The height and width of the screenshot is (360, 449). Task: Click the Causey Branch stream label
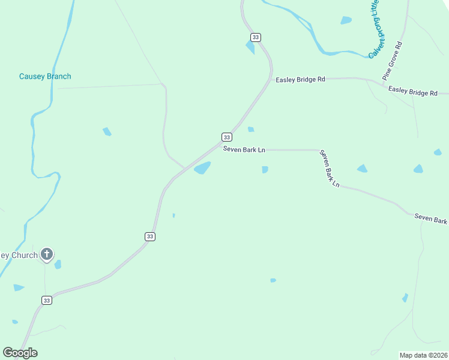pyautogui.click(x=45, y=76)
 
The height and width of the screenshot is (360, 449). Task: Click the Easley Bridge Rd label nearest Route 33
pyautogui.click(x=300, y=79)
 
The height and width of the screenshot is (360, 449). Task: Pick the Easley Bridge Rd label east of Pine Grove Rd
pyautogui.click(x=412, y=91)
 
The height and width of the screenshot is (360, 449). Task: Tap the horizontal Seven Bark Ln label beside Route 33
pyautogui.click(x=244, y=149)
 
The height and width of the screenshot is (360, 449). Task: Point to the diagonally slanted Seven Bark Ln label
pyautogui.click(x=329, y=169)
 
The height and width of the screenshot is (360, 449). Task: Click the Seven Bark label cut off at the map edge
pyautogui.click(x=430, y=218)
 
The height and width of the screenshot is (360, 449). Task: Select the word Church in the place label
pyautogui.click(x=24, y=255)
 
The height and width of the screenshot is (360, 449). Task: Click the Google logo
pyautogui.click(x=20, y=353)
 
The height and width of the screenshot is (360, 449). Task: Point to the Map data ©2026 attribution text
pyautogui.click(x=423, y=355)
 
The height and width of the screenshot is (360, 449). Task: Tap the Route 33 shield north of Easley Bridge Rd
pyautogui.click(x=256, y=37)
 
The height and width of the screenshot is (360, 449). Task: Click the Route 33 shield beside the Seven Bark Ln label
pyautogui.click(x=226, y=136)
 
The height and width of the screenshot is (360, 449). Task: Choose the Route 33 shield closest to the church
pyautogui.click(x=47, y=300)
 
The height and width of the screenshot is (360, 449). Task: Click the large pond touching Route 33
pyautogui.click(x=202, y=168)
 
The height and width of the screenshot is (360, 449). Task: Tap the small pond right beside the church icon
pyautogui.click(x=58, y=264)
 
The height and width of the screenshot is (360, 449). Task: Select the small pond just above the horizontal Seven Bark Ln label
pyautogui.click(x=251, y=129)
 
